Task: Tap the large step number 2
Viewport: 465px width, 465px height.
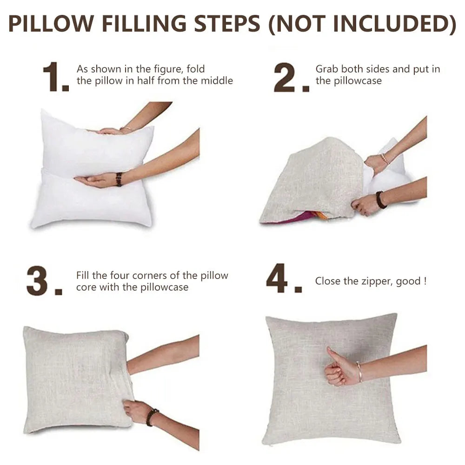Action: click(x=285, y=77)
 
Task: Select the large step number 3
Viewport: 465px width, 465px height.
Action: click(x=37, y=281)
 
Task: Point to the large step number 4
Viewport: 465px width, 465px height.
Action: click(x=277, y=278)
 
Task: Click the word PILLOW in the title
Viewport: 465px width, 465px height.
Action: click(x=51, y=23)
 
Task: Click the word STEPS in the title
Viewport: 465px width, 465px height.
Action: click(x=227, y=23)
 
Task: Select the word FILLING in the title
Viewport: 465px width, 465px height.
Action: click(x=144, y=23)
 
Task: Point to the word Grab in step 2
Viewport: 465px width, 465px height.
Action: click(x=327, y=69)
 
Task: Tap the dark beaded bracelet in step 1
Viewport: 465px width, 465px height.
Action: click(x=119, y=179)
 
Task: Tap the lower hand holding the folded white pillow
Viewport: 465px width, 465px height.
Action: click(x=95, y=180)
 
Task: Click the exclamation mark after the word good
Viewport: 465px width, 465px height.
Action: click(x=425, y=281)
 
